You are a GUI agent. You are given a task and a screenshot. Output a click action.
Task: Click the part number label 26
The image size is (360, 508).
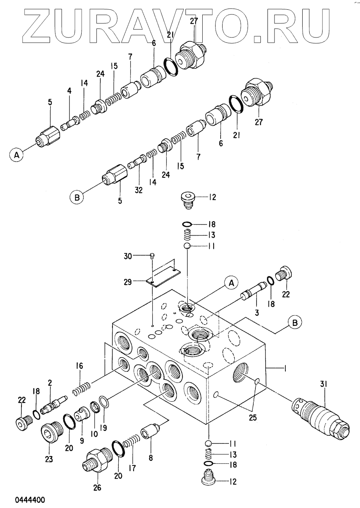98,487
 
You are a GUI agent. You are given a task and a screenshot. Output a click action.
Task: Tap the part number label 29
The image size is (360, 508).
128,283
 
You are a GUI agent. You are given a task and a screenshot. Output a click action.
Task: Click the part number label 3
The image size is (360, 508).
257,313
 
